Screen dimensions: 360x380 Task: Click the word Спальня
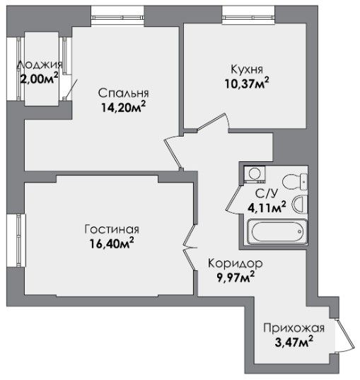click(x=123, y=93)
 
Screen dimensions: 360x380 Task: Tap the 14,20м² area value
click(x=123, y=107)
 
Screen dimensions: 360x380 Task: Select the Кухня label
click(x=247, y=69)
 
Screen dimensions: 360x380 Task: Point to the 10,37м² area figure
click(x=247, y=83)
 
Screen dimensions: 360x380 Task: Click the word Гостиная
click(x=112, y=229)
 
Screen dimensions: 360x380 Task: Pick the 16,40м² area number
click(x=112, y=243)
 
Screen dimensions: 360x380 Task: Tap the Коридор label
click(x=236, y=263)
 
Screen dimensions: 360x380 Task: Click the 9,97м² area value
click(x=236, y=277)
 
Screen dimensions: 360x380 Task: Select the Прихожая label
click(x=294, y=328)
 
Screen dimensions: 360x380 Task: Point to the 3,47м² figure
click(x=294, y=342)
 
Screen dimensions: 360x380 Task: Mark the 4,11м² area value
click(x=267, y=207)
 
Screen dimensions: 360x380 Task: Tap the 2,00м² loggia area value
click(x=39, y=78)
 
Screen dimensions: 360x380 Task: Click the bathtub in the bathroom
click(x=277, y=231)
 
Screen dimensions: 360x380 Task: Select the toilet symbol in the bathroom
click(x=295, y=182)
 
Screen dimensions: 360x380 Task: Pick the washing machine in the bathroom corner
click(x=255, y=174)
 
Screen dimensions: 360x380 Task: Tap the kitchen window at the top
click(x=248, y=18)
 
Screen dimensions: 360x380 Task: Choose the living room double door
click(x=190, y=248)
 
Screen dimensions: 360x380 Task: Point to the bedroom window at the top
click(x=118, y=18)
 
